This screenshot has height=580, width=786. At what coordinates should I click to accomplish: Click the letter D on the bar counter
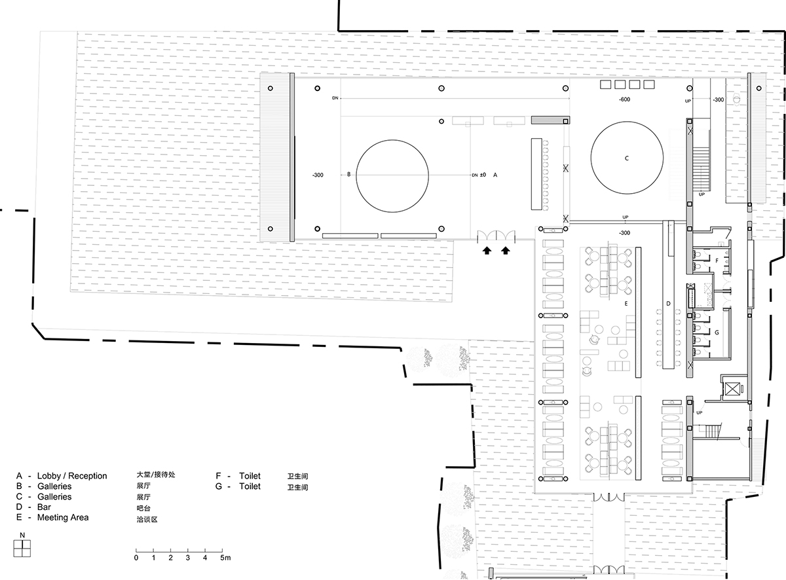click(668, 304)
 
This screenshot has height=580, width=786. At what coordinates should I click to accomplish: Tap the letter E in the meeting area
click(626, 304)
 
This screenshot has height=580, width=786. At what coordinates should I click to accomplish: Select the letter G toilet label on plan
click(717, 332)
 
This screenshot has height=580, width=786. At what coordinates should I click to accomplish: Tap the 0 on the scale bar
click(136, 558)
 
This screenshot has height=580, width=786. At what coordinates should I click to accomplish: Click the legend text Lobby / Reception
click(72, 476)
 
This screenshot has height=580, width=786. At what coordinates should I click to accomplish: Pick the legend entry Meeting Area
click(64, 518)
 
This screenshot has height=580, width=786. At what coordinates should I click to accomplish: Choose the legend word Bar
click(45, 507)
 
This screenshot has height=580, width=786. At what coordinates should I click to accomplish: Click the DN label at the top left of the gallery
click(335, 98)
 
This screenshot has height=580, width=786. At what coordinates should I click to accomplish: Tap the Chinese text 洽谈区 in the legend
click(147, 519)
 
